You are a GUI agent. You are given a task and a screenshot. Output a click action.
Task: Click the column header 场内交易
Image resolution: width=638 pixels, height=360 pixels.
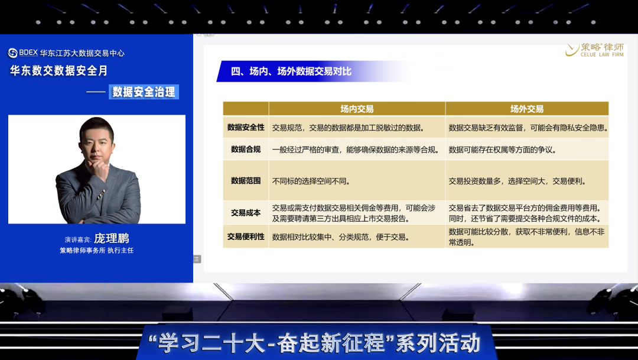click(357, 109)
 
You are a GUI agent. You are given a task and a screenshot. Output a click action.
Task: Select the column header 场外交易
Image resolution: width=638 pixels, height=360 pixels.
click(527, 109)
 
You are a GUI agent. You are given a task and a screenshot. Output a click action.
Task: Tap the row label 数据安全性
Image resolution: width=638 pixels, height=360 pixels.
click(246, 128)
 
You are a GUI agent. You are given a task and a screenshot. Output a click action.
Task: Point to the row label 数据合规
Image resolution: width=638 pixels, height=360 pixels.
click(246, 150)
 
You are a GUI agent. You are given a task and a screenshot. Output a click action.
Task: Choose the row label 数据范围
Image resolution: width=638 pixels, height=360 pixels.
click(246, 181)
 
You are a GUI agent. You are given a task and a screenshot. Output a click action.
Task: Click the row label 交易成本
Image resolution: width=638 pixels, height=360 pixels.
click(246, 213)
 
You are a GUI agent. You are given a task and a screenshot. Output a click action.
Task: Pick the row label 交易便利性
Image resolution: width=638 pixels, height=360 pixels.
click(246, 236)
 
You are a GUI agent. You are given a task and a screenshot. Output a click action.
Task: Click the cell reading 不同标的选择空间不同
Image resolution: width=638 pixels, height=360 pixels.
click(311, 181)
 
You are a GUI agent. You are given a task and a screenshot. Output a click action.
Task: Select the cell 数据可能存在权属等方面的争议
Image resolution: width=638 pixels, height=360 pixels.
click(503, 150)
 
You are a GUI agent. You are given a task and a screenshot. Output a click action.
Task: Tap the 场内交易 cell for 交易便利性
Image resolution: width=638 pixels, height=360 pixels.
click(341, 237)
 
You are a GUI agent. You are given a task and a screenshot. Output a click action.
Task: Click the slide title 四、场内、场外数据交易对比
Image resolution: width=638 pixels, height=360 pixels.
click(291, 72)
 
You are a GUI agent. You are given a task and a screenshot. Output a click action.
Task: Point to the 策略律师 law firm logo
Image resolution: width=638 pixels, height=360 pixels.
click(594, 50)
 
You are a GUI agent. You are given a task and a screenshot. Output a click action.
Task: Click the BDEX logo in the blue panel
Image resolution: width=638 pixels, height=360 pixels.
click(23, 53)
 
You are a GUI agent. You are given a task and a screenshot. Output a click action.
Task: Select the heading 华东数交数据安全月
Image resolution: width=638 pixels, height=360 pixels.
click(58, 70)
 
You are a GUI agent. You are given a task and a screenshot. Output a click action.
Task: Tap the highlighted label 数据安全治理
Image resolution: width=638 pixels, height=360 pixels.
click(144, 92)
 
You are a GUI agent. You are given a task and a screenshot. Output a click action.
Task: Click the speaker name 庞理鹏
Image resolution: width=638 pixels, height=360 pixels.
click(112, 238)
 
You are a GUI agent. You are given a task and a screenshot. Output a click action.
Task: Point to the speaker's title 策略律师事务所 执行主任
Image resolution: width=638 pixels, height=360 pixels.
click(97, 251)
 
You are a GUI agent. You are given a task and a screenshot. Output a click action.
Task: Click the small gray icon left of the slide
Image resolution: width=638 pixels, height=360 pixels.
click(197, 259)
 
